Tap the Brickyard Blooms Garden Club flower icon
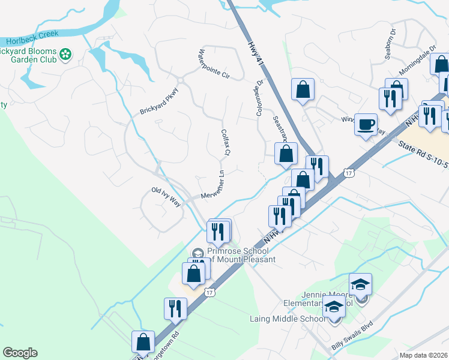[x=65, y=56]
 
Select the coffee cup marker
[x=366, y=125]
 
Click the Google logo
[x=20, y=353]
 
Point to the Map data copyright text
[x=423, y=355]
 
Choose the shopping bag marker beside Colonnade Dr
[x=303, y=89]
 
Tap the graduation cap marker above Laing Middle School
[x=334, y=307]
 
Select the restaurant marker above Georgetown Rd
[x=175, y=308]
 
